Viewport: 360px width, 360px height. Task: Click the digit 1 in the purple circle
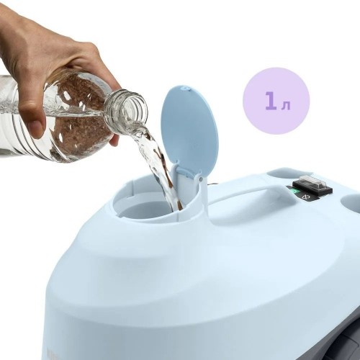(x=271, y=101)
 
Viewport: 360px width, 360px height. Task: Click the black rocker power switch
(x=312, y=184)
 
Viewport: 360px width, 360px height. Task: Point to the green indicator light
(x=294, y=192)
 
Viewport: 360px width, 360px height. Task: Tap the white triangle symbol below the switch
(x=307, y=197)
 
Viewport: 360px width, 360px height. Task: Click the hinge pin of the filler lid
(x=200, y=179)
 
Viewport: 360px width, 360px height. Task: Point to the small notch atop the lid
(x=186, y=89)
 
